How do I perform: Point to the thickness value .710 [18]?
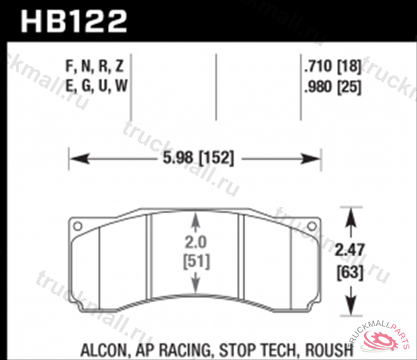tap(330, 68)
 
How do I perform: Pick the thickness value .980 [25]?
tap(330, 88)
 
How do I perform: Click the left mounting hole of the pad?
tap(78, 225)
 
